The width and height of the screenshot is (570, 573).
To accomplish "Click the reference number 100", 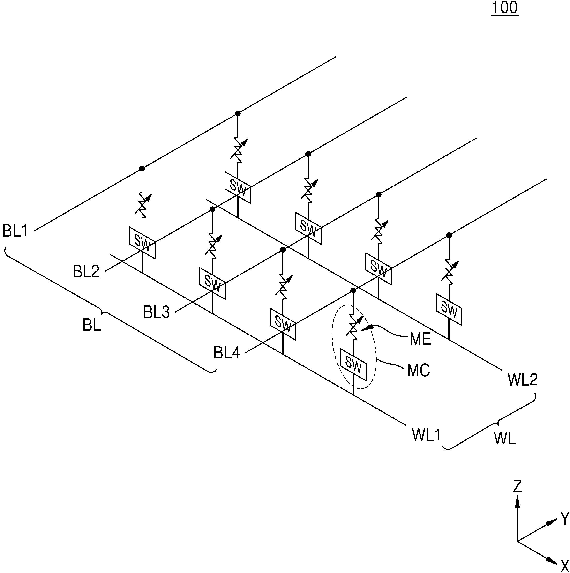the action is (x=504, y=8).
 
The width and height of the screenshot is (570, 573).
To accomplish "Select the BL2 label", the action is (x=86, y=271).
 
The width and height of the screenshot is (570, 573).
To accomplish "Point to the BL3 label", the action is (x=156, y=312).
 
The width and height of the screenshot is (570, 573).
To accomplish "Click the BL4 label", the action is (x=227, y=353).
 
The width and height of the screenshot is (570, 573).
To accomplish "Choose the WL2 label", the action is (x=523, y=380).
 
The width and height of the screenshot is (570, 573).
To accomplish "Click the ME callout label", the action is (x=420, y=339).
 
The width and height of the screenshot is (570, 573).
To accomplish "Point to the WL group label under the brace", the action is (x=505, y=438).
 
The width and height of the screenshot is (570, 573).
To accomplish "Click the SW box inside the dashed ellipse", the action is (x=353, y=365).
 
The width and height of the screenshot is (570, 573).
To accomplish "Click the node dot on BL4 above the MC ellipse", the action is (x=353, y=290).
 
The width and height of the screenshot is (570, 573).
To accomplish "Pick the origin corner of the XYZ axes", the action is (x=517, y=541).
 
